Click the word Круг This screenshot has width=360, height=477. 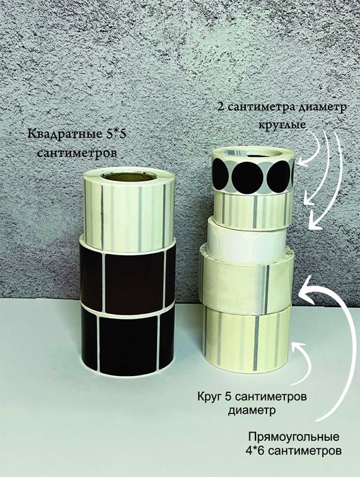pos(208,396)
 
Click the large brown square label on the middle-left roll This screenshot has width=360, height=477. pos(134,280)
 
